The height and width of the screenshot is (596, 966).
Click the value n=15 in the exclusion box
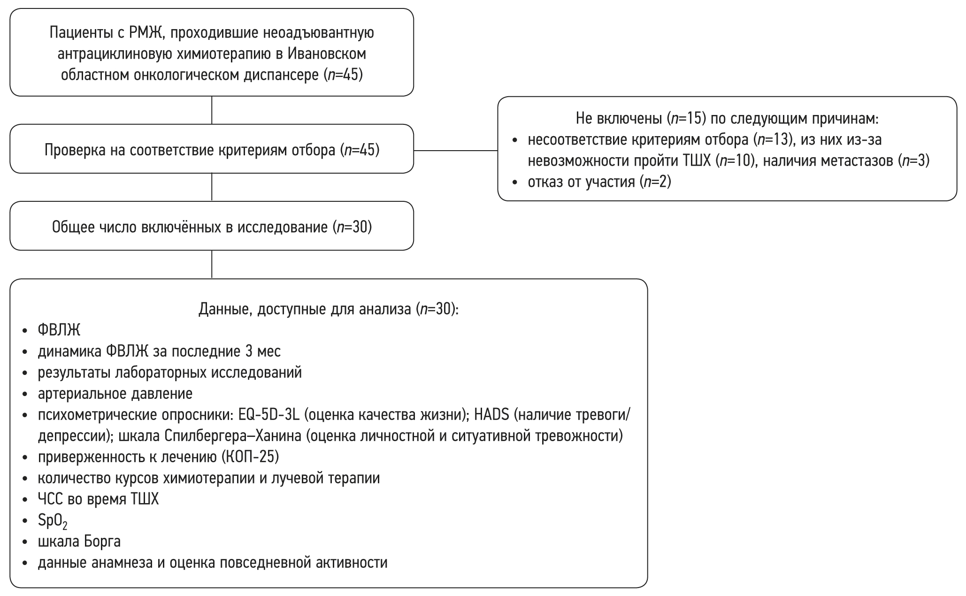pyautogui.click(x=689, y=119)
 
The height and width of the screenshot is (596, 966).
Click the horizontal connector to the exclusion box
pyautogui.click(x=455, y=151)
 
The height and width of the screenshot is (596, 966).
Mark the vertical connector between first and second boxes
pyautogui.click(x=212, y=110)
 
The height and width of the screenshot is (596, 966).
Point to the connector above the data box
pyautogui.click(x=212, y=264)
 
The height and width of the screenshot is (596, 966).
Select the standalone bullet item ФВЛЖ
pyautogui.click(x=59, y=330)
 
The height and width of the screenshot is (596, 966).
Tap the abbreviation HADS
pyautogui.click(x=491, y=415)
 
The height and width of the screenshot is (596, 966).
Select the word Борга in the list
pyautogui.click(x=102, y=542)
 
